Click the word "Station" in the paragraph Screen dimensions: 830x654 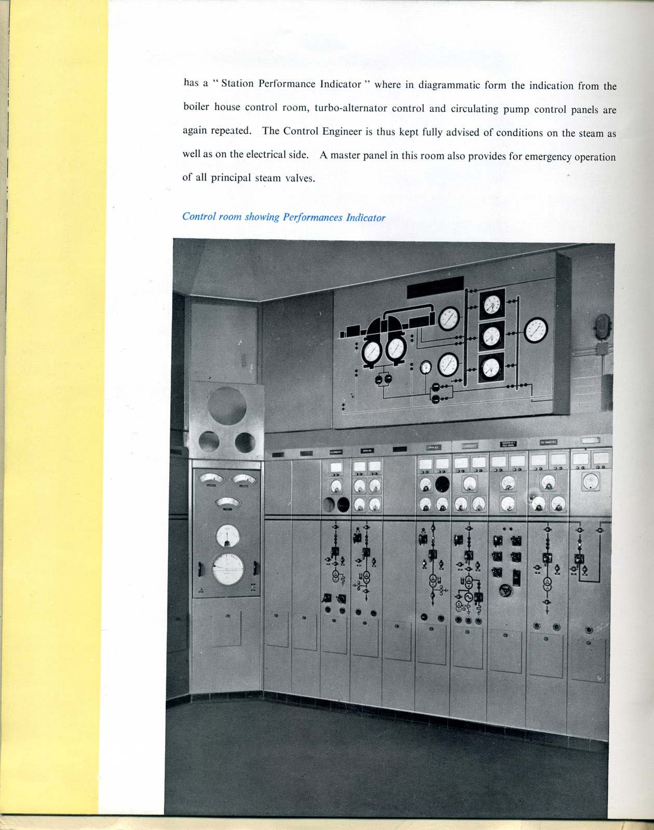[238, 84]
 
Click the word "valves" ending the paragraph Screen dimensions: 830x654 [299, 178]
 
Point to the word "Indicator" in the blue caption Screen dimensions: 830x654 [366, 218]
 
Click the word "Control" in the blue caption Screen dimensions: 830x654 [199, 216]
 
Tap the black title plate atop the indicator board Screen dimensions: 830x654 [435, 287]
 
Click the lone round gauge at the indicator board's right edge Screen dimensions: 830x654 [536, 330]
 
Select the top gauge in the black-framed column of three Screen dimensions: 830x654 [492, 304]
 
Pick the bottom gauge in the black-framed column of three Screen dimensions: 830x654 [491, 368]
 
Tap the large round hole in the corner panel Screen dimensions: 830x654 [227, 406]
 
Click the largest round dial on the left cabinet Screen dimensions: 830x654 [228, 569]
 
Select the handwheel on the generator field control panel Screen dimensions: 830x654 [503, 590]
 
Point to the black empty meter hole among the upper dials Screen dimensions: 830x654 [442, 484]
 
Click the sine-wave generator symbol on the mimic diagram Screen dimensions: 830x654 [468, 598]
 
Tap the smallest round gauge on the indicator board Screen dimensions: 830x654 [426, 367]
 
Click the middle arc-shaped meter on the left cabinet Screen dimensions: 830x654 [227, 502]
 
